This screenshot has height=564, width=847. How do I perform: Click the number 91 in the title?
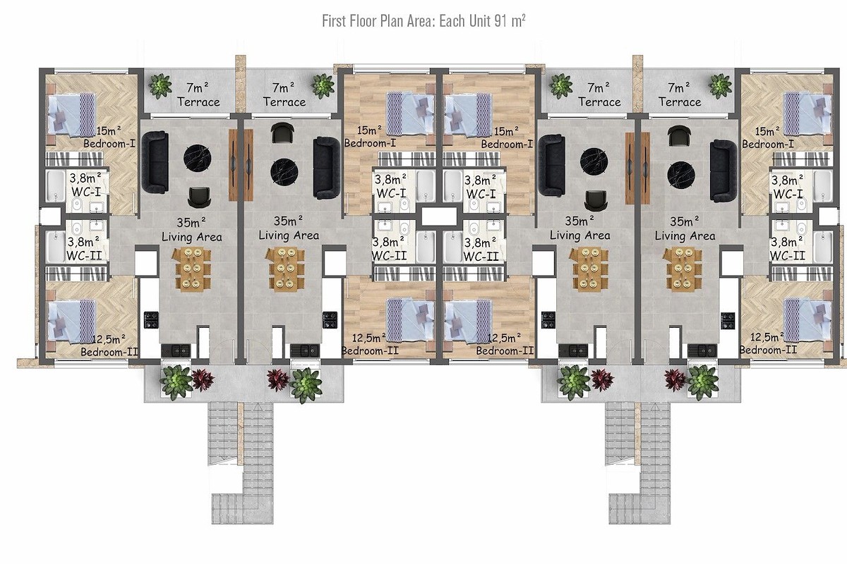[500, 21]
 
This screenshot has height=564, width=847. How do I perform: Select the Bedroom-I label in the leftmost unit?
[109, 144]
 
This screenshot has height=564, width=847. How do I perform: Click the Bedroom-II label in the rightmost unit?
[768, 350]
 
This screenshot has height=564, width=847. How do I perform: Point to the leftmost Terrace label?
[198, 102]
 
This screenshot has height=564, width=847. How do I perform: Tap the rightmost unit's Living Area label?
[685, 236]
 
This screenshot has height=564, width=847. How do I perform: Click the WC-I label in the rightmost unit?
[788, 194]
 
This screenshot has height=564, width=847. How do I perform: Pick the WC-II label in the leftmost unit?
[84, 255]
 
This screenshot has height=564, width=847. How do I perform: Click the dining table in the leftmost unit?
[192, 269]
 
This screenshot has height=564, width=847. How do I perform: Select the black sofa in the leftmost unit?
[155, 161]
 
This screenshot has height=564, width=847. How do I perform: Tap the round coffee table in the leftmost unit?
[198, 159]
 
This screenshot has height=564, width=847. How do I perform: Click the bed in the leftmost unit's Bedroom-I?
[71, 114]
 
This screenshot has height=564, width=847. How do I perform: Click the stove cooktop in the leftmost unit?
[151, 319]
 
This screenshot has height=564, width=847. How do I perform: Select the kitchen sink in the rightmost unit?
[702, 350]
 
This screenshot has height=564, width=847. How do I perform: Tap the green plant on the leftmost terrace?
[160, 86]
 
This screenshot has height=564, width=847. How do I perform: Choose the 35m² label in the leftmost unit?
[191, 222]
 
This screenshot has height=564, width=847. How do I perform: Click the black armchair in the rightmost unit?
[679, 136]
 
